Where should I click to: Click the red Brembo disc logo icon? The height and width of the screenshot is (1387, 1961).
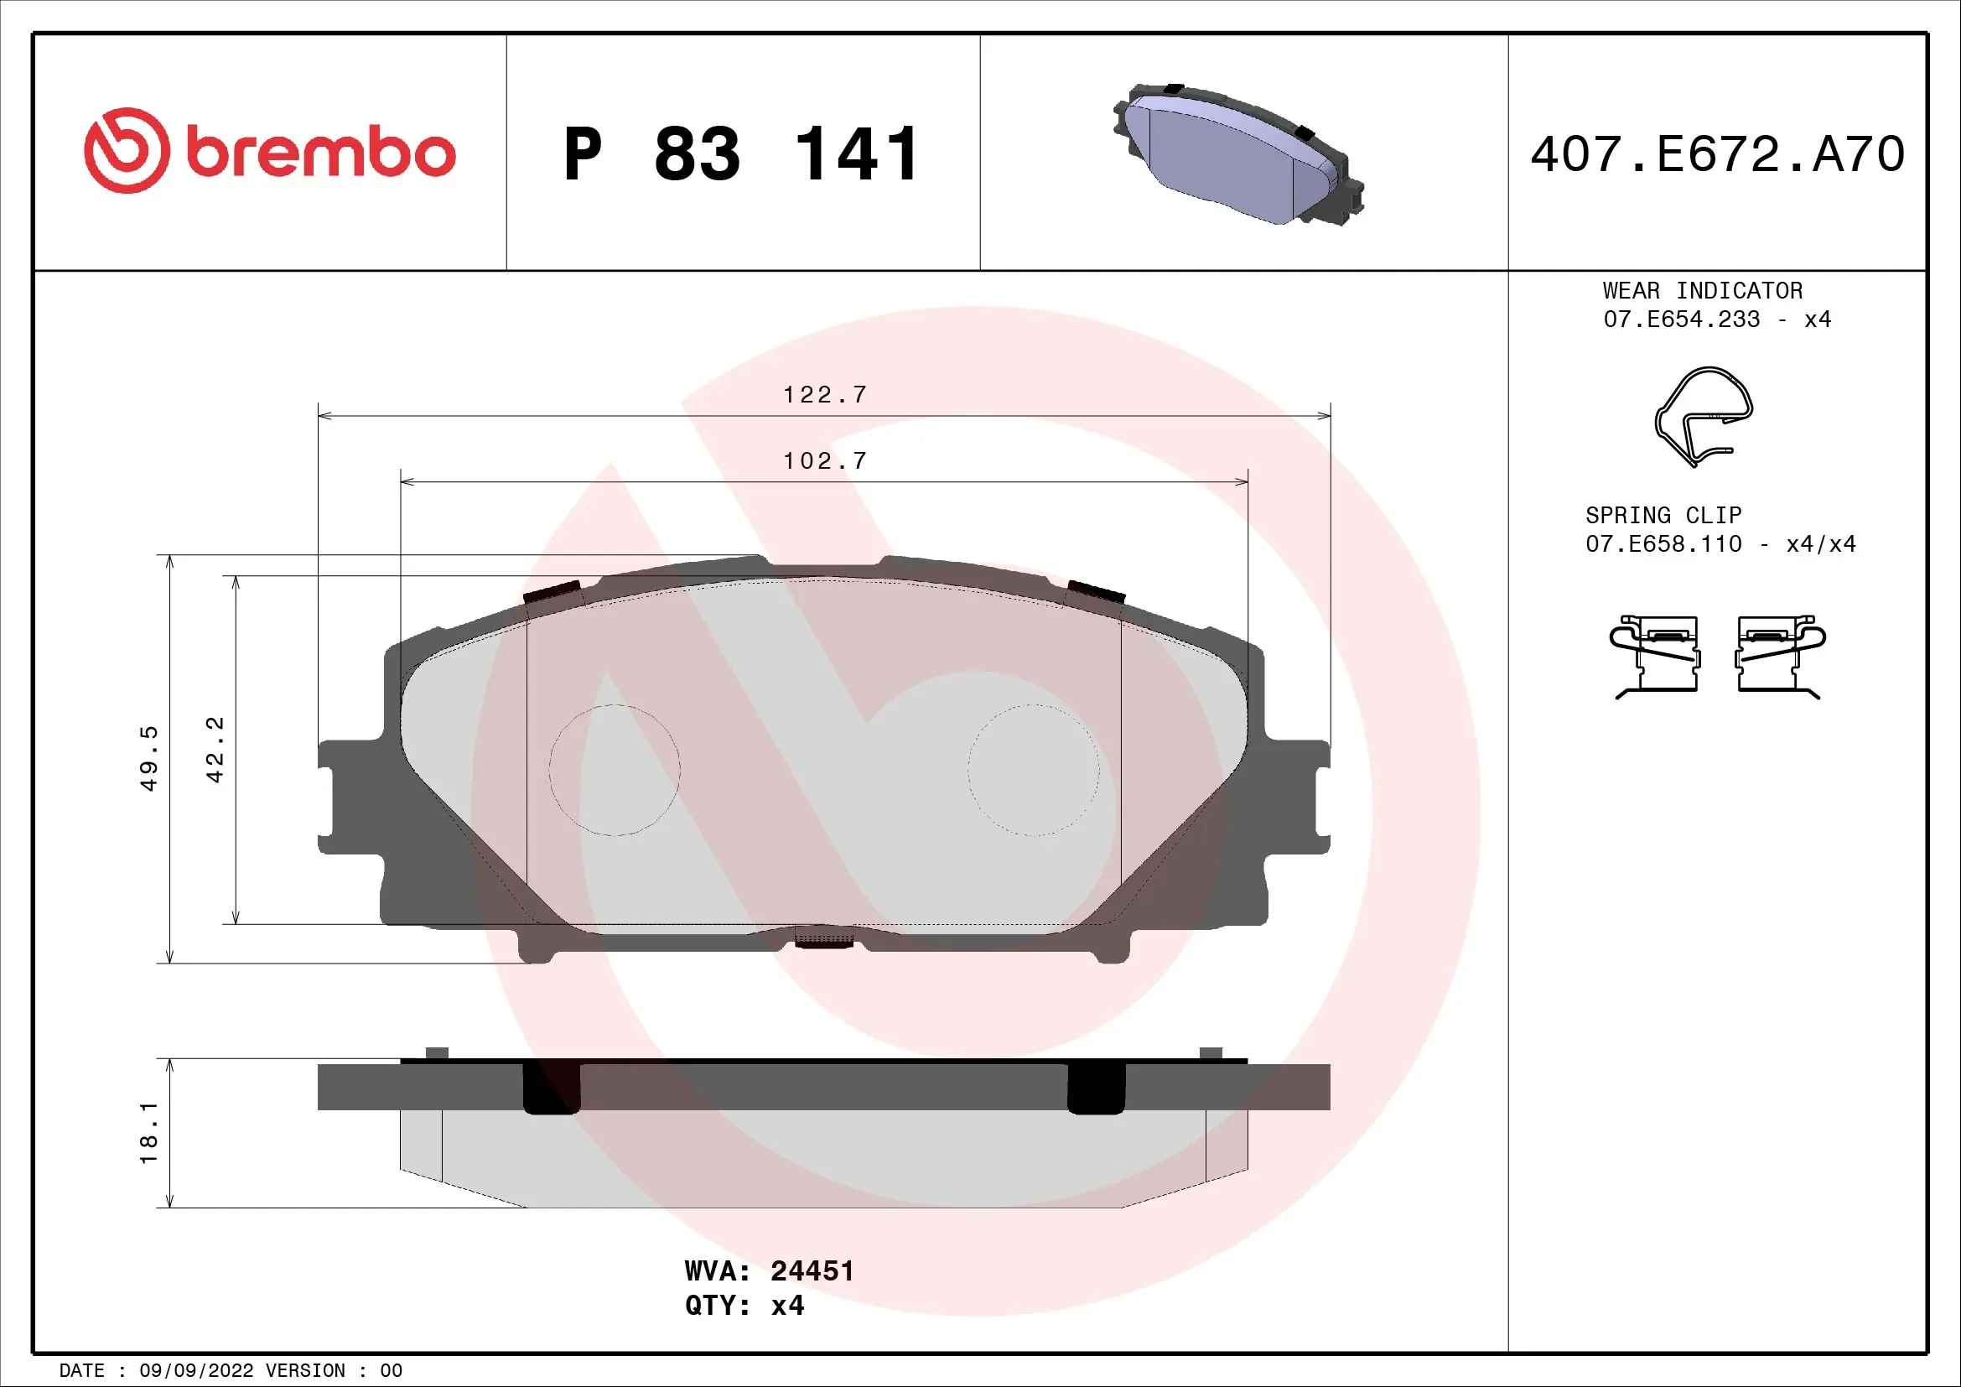[x=127, y=150]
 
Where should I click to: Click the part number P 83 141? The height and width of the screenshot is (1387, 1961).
[x=741, y=154]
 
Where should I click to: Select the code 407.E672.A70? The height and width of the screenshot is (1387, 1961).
[x=1717, y=154]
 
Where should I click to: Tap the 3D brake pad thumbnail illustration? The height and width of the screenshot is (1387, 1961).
[x=1237, y=154]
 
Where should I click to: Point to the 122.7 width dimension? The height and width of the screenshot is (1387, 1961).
[x=824, y=395]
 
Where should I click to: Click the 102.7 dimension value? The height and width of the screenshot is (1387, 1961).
[x=824, y=461]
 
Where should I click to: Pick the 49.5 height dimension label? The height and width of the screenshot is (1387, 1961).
[x=149, y=758]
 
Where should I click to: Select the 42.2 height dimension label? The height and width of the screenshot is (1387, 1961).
[x=215, y=749]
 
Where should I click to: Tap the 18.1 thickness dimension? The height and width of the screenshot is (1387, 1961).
[x=149, y=1132]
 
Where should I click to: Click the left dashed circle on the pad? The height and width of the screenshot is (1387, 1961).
[x=614, y=770]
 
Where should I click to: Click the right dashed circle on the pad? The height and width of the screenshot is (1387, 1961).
[x=1034, y=770]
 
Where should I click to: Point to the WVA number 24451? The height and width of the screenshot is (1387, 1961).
[x=812, y=1270]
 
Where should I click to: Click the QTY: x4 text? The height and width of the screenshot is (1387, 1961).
[x=744, y=1306]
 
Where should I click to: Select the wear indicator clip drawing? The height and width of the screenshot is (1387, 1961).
[x=1703, y=417]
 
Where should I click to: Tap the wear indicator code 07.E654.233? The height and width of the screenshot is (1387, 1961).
[x=1681, y=319]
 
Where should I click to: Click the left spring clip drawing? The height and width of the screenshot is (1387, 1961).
[x=1653, y=656]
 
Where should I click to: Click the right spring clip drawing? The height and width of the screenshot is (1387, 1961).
[x=1780, y=656]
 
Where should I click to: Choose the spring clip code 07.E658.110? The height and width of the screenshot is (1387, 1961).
[x=1663, y=544]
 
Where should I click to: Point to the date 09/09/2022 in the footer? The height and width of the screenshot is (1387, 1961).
[x=195, y=1371]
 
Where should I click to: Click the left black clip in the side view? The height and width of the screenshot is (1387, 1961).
[x=551, y=1088]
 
